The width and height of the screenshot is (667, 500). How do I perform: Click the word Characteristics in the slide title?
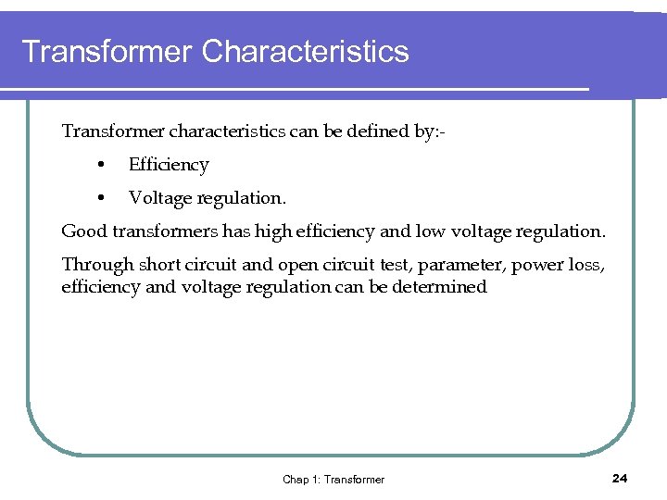click(x=305, y=51)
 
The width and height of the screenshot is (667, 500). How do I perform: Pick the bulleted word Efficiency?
click(x=169, y=165)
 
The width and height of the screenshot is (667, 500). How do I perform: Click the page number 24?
click(x=620, y=478)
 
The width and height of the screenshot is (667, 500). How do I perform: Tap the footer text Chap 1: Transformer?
click(x=333, y=479)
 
